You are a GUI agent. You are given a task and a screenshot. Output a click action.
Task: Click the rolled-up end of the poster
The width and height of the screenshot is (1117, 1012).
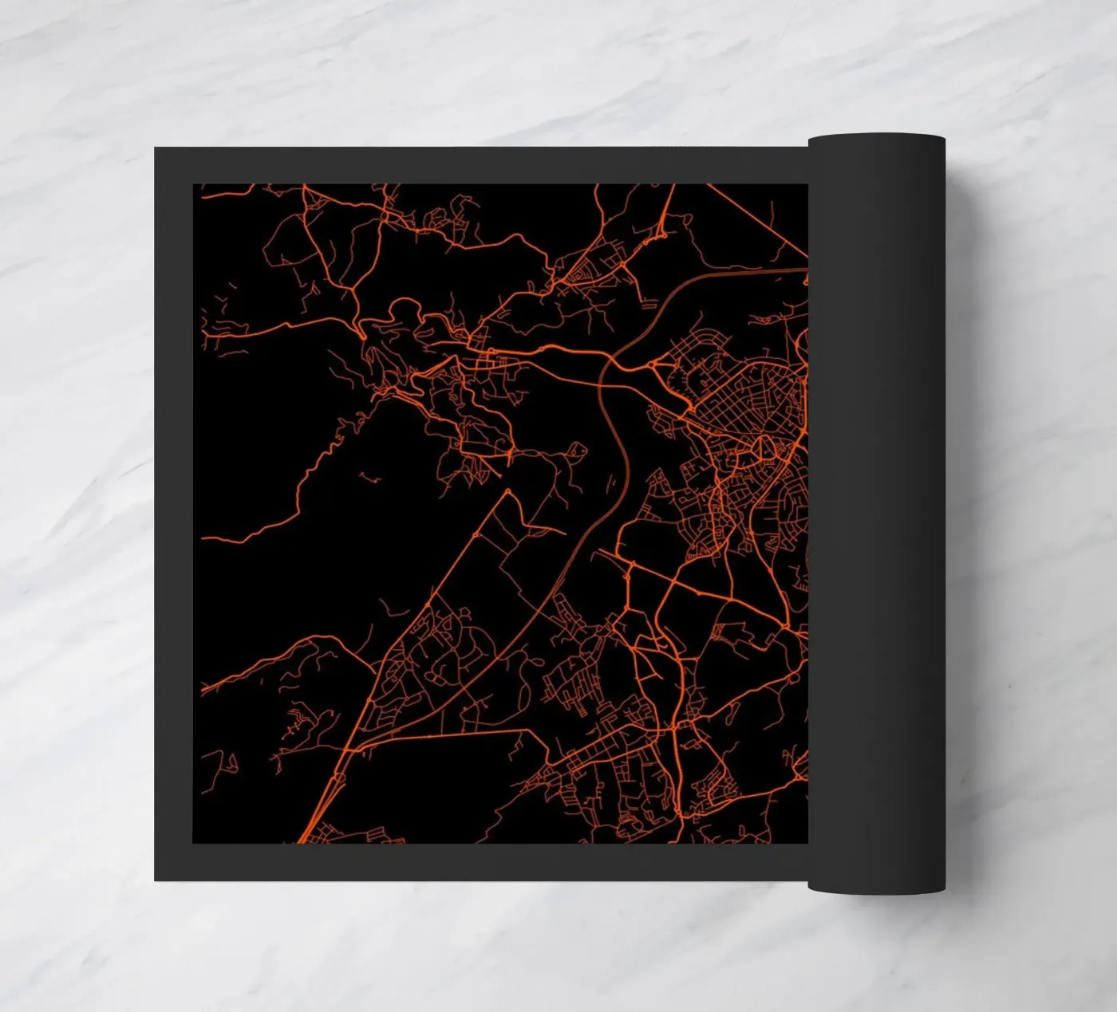click(x=876, y=510)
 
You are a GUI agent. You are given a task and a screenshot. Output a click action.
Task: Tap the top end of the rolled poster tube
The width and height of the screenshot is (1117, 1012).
click(x=876, y=140)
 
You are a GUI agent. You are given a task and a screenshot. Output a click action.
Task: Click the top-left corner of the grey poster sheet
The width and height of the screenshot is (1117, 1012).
click(x=156, y=149)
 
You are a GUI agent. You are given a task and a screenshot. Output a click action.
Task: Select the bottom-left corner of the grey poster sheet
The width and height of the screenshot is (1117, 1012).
click(x=156, y=879)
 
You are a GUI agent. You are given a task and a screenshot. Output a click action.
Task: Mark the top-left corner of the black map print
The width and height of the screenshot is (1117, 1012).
click(x=194, y=185)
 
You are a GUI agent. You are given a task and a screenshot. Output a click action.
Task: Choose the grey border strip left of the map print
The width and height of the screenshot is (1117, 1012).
click(x=173, y=510)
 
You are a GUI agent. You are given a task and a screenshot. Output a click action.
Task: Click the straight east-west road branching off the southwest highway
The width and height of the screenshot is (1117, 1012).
click(x=447, y=734)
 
